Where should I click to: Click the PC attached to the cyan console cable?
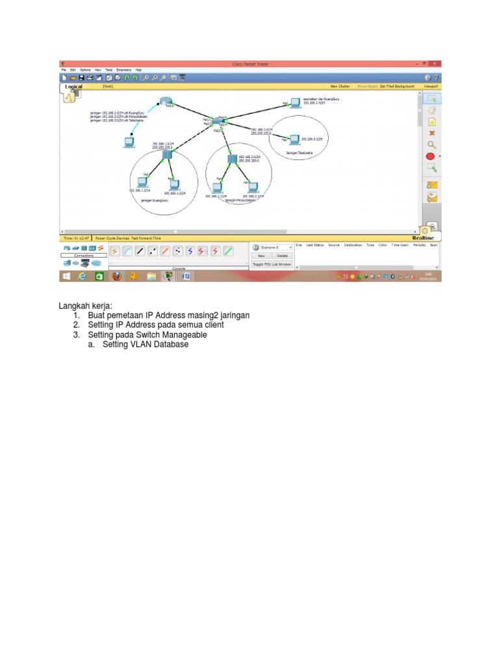129,142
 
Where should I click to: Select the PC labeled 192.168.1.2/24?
142,183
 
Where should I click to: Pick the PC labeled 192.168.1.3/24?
173,184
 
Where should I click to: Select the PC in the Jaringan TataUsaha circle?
294,139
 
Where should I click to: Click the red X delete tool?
431,133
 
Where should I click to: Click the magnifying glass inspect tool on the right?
431,144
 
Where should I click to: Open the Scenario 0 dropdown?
272,247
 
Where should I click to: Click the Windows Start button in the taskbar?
66,276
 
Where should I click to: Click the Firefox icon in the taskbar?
117,276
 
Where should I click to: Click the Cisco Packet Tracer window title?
250,64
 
